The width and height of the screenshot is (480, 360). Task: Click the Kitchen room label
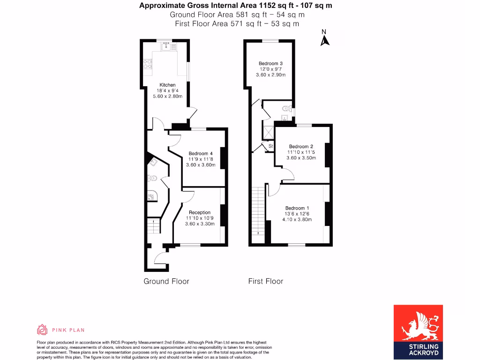(x=167, y=85)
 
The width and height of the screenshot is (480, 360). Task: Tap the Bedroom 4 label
(x=201, y=153)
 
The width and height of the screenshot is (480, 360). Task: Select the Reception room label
(x=200, y=212)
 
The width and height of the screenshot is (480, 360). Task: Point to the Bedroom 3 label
(x=270, y=63)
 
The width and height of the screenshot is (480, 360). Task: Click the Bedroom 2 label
(x=301, y=146)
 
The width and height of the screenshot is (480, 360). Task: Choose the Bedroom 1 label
(x=297, y=208)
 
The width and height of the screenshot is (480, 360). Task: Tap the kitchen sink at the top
(x=166, y=46)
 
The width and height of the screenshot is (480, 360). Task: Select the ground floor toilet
(x=152, y=179)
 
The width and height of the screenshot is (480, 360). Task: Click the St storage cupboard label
(x=270, y=146)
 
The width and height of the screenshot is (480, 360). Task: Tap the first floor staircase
(x=257, y=211)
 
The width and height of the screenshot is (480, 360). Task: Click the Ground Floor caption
(x=166, y=281)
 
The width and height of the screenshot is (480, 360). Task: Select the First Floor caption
(x=265, y=281)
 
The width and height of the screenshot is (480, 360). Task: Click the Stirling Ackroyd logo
(x=418, y=332)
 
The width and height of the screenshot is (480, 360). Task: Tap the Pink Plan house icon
(x=42, y=330)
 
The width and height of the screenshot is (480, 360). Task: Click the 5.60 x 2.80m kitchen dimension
(x=167, y=96)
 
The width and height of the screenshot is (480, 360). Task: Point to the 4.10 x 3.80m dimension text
(x=297, y=219)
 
